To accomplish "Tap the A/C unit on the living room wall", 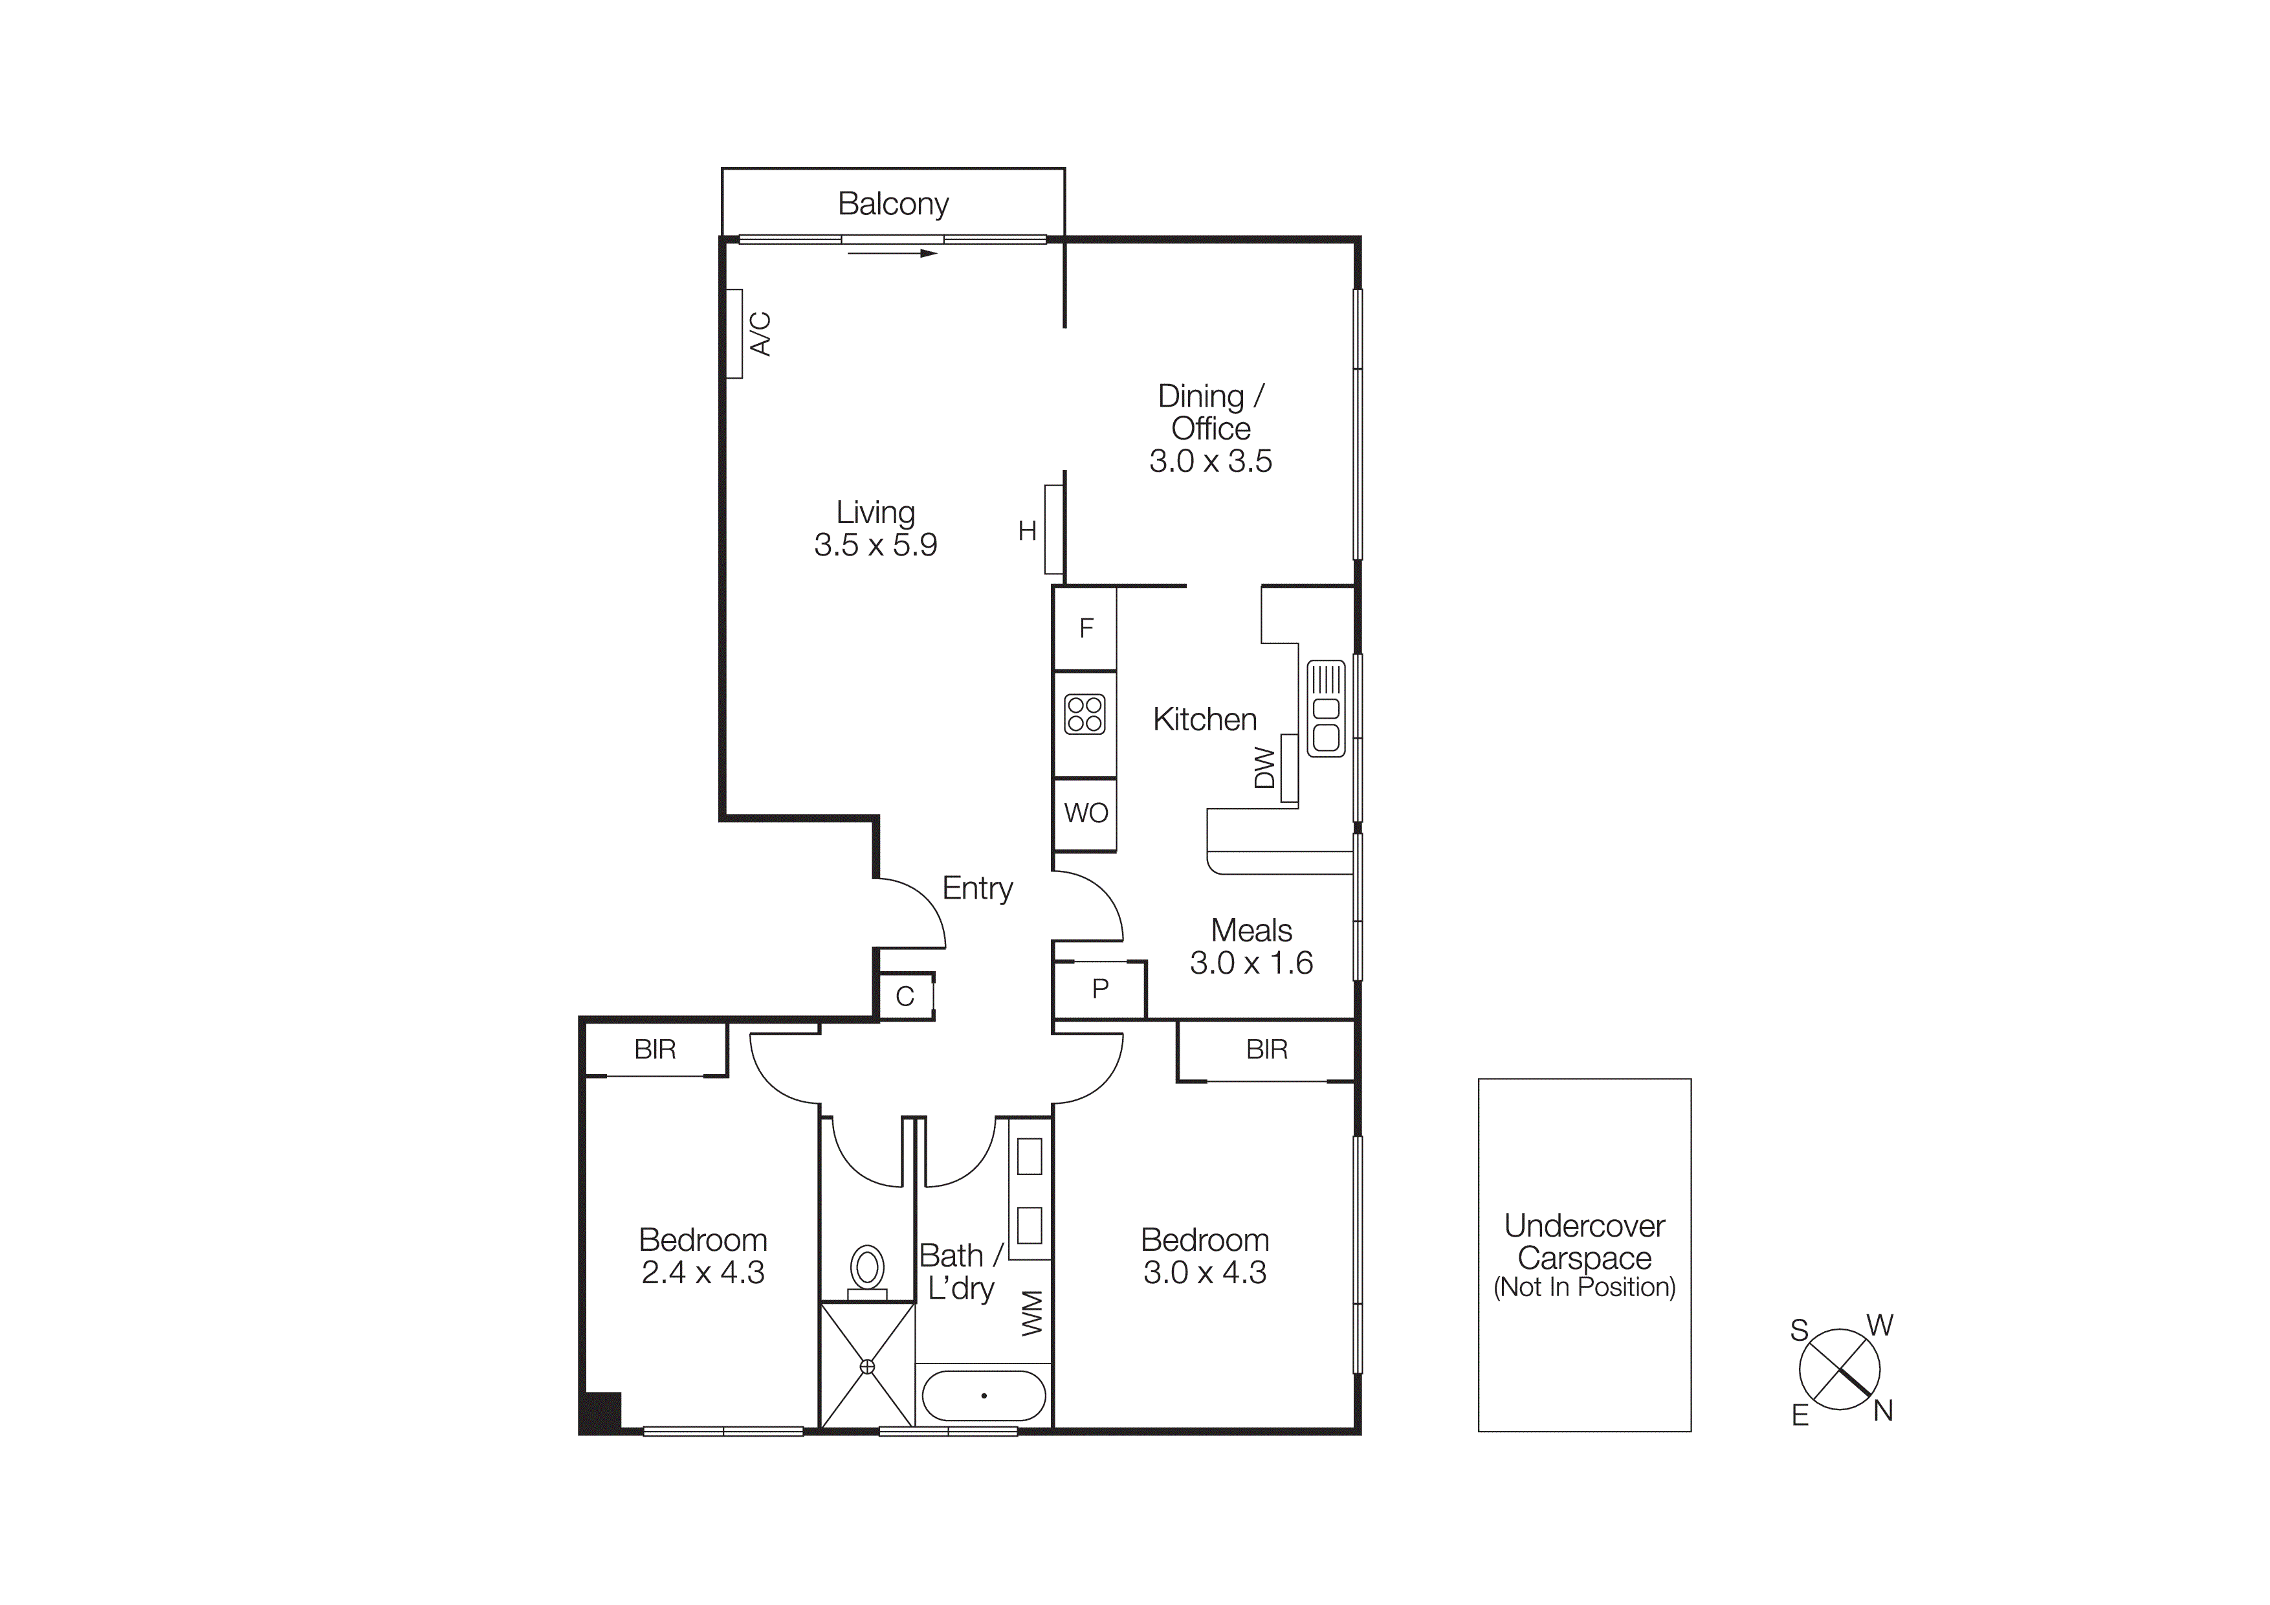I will coord(734,333).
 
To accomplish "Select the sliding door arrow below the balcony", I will coord(892,254).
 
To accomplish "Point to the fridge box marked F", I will coord(1086,628).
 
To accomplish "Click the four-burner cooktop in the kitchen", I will coord(1085,714).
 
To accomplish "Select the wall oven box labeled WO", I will coord(1086,813).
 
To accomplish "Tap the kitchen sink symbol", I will coord(1326,708).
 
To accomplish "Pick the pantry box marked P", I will coord(1099,988).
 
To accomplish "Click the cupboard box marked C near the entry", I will coord(905,996).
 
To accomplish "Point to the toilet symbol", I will coord(867,1270).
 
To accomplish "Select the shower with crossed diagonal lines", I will coord(867,1365).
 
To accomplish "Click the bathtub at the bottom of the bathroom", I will coord(984,1395).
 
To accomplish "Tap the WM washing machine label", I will coord(1031,1312).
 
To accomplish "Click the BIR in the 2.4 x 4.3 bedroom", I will coord(654,1049).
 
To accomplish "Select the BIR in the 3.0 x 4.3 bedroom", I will coord(1266,1049).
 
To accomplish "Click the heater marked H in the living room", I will coord(1053,530).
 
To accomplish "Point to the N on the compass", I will coord(1882,1411).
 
